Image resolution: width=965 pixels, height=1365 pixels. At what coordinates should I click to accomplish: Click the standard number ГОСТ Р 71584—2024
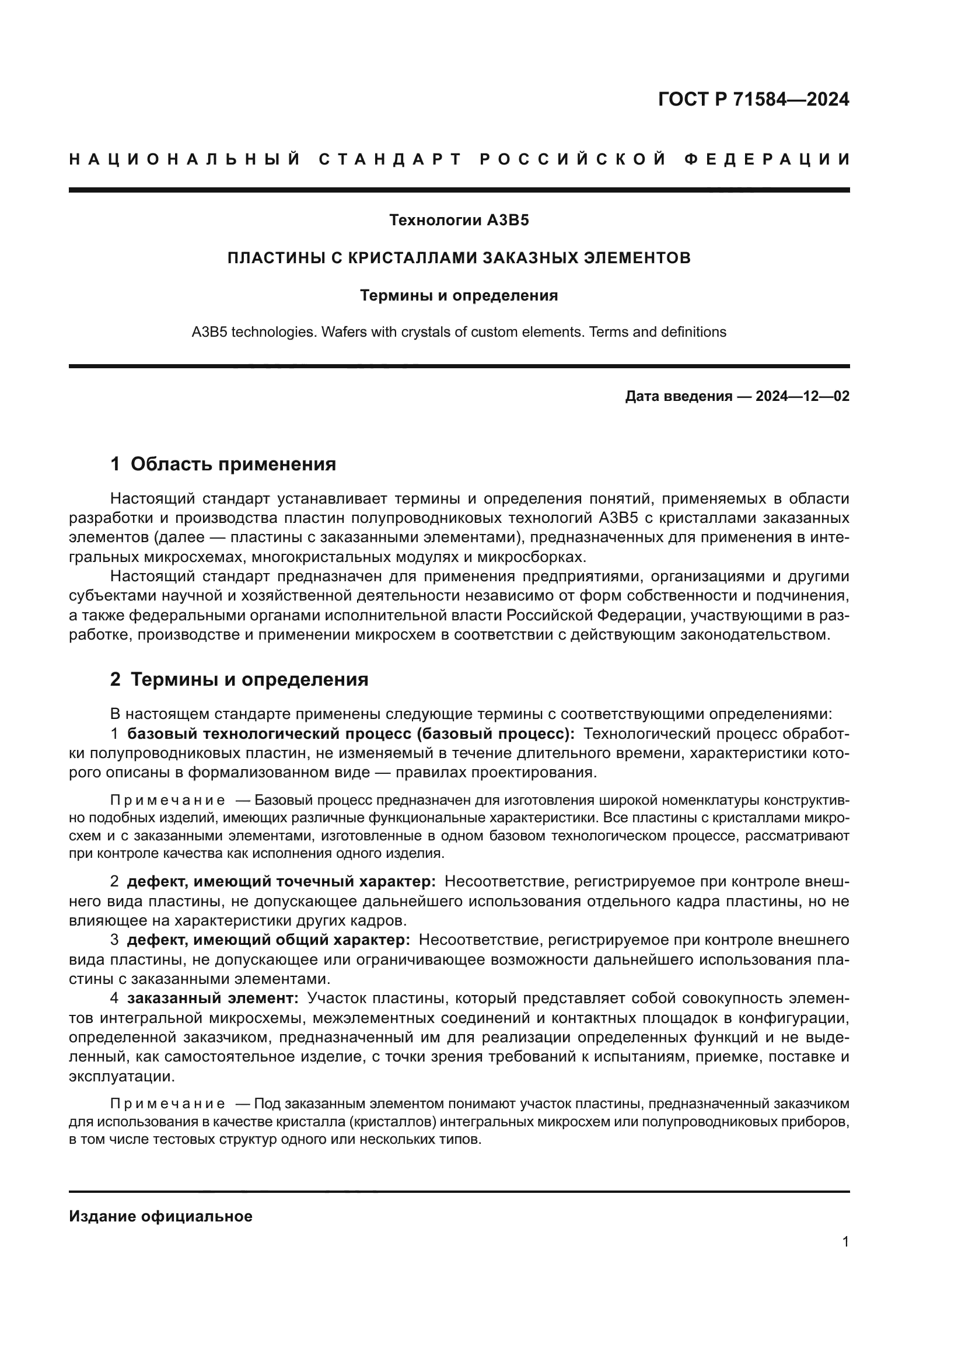point(753,99)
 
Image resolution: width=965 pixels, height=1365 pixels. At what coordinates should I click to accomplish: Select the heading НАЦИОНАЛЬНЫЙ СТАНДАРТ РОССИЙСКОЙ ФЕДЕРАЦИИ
point(459,159)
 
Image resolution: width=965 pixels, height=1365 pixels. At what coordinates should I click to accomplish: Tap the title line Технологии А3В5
point(459,221)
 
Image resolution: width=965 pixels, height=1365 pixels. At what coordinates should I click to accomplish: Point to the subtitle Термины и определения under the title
point(459,295)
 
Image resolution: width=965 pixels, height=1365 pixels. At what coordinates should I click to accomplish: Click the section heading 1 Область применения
point(223,465)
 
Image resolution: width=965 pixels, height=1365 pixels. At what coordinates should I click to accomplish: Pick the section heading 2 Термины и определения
point(239,679)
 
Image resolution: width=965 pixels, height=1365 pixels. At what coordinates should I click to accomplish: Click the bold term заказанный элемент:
point(213,998)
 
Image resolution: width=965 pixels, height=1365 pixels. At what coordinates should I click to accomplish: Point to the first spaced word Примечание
point(167,800)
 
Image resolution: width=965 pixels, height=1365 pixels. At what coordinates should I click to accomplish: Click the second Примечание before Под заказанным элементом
point(167,1104)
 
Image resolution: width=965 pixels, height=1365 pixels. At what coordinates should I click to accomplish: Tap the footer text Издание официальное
point(160,1216)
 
